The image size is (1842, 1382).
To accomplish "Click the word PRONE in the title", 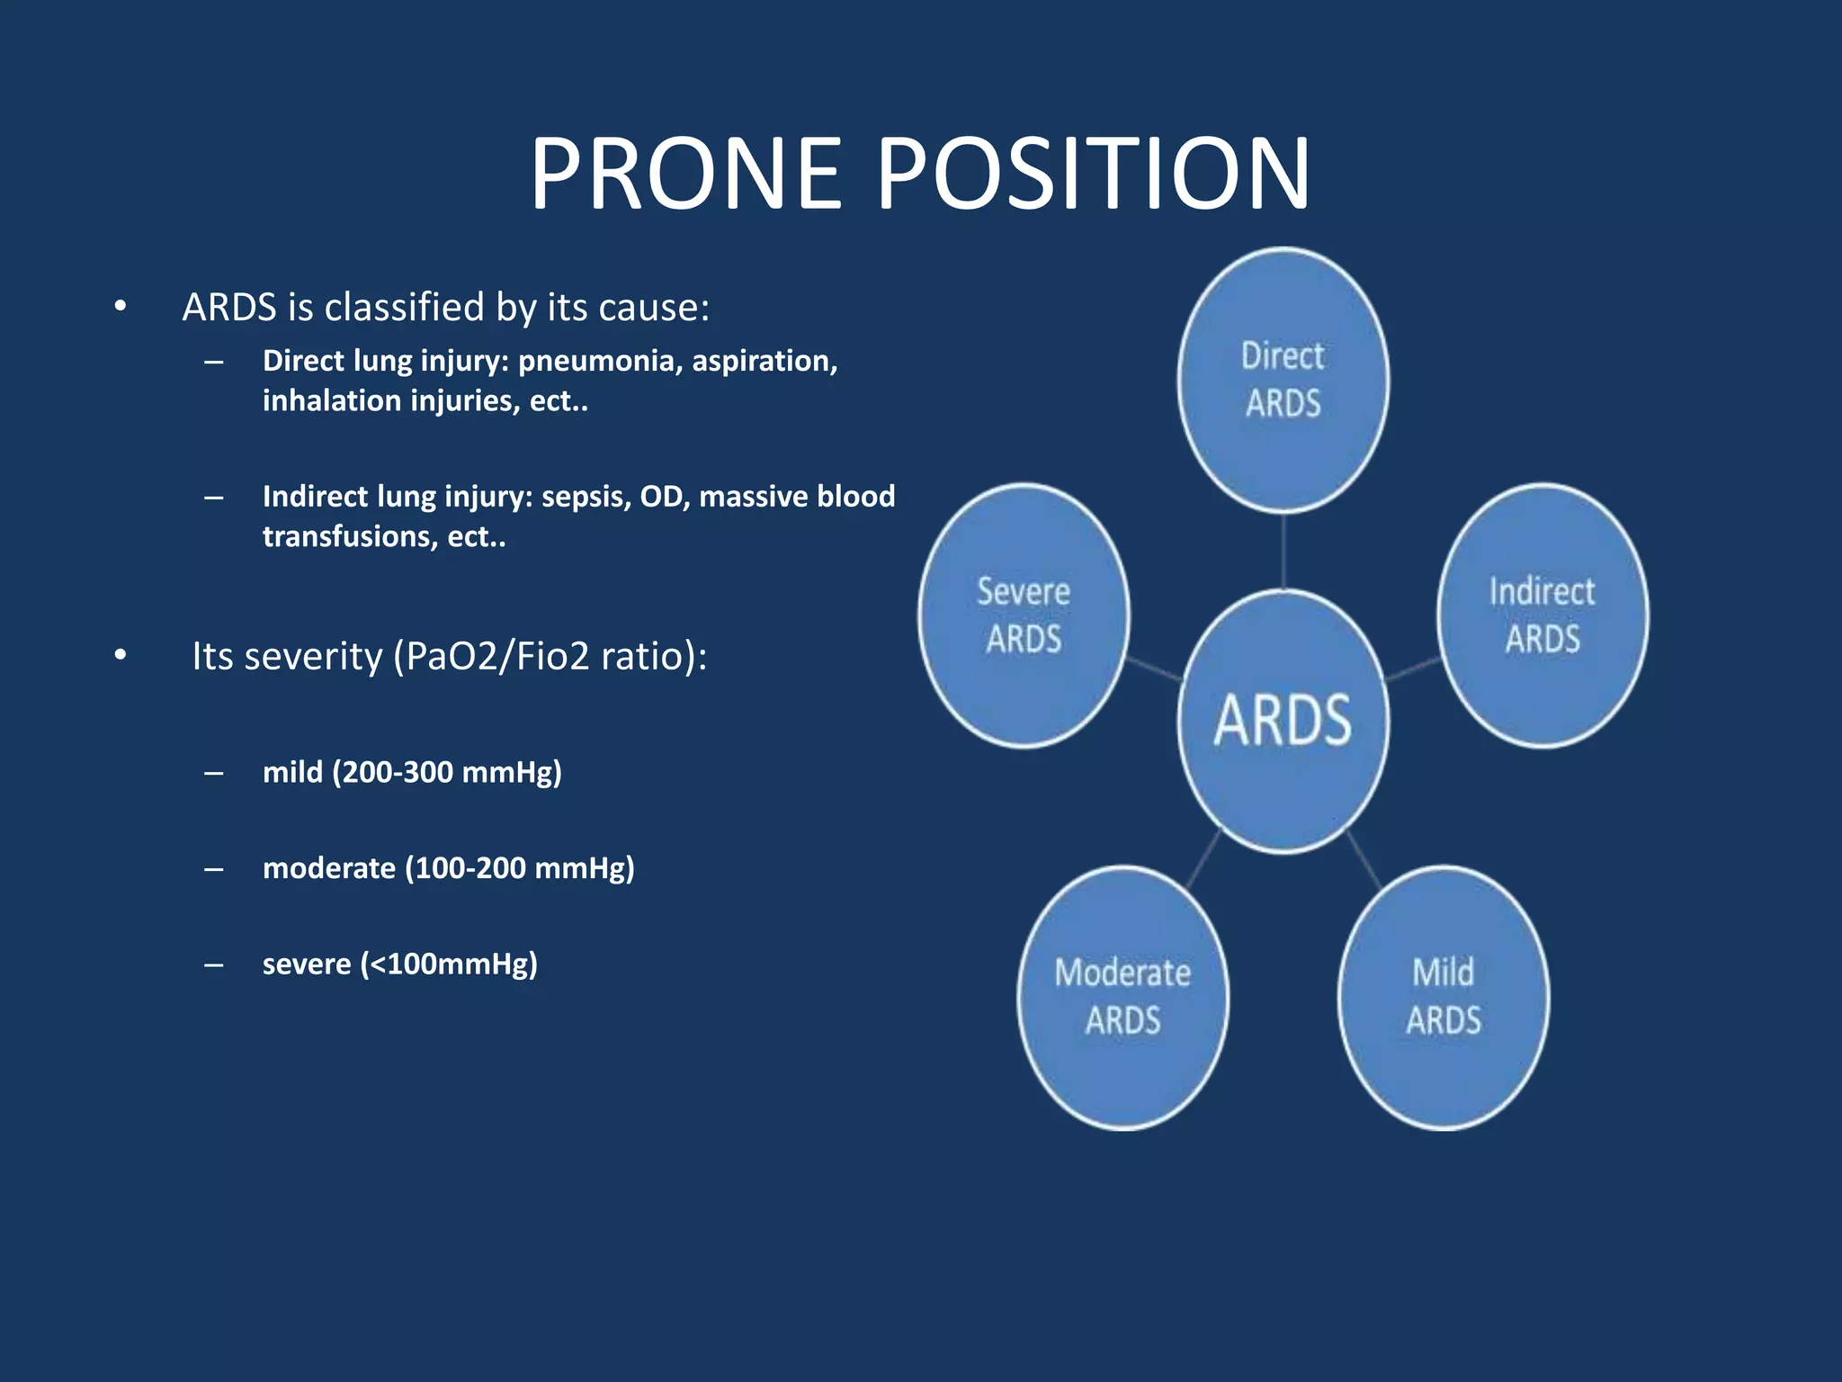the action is (x=685, y=173).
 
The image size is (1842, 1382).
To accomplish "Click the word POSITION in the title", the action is (x=1093, y=173).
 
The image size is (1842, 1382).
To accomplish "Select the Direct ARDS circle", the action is (x=1283, y=380).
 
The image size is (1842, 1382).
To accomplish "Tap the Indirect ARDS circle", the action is (x=1542, y=615).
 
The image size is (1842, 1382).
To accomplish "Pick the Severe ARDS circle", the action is (x=1024, y=615).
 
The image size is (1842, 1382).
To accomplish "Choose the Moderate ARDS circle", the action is (x=1122, y=997).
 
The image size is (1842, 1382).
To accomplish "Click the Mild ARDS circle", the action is (x=1444, y=997).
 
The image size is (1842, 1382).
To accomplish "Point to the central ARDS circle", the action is (x=1283, y=721).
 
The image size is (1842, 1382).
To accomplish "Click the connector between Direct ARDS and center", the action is (x=1283, y=551).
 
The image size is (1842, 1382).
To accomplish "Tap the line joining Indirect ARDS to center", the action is (x=1413, y=669).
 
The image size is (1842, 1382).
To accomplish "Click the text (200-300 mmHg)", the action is (x=446, y=772).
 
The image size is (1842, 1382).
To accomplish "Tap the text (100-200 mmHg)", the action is (x=519, y=868).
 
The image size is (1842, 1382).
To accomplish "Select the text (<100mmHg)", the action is (x=449, y=965).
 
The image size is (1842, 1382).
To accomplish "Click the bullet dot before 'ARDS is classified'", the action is (x=121, y=307).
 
